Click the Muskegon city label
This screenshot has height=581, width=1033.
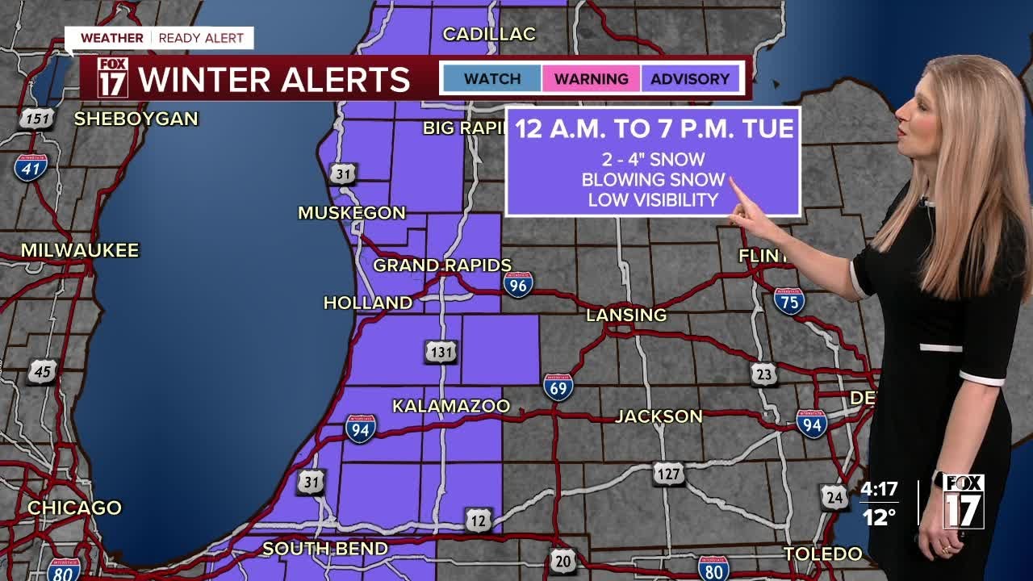pyautogui.click(x=352, y=213)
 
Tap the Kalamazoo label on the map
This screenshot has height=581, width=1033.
pyautogui.click(x=451, y=406)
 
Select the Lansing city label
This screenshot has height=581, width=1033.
pyautogui.click(x=626, y=315)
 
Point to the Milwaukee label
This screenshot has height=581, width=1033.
pyautogui.click(x=80, y=250)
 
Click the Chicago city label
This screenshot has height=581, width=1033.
pyautogui.click(x=74, y=508)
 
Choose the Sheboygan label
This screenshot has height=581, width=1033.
pyautogui.click(x=136, y=119)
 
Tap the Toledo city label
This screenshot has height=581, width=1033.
pyautogui.click(x=823, y=554)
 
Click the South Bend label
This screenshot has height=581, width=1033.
pyautogui.click(x=325, y=549)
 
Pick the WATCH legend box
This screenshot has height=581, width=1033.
pyautogui.click(x=492, y=79)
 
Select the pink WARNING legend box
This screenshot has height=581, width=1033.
pyautogui.click(x=591, y=79)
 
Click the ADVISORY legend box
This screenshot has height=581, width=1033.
pyautogui.click(x=690, y=79)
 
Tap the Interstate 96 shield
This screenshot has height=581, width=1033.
pyautogui.click(x=517, y=284)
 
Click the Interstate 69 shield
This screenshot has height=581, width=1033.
pyautogui.click(x=558, y=387)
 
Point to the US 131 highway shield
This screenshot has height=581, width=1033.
pyautogui.click(x=441, y=352)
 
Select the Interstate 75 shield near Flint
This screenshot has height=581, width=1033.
pyautogui.click(x=788, y=300)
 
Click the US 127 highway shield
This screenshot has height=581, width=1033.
pyautogui.click(x=668, y=474)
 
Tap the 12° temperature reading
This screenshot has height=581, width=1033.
pyautogui.click(x=879, y=517)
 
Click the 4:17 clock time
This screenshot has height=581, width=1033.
pyautogui.click(x=879, y=489)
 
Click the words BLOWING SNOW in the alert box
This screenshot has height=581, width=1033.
pyautogui.click(x=653, y=180)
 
